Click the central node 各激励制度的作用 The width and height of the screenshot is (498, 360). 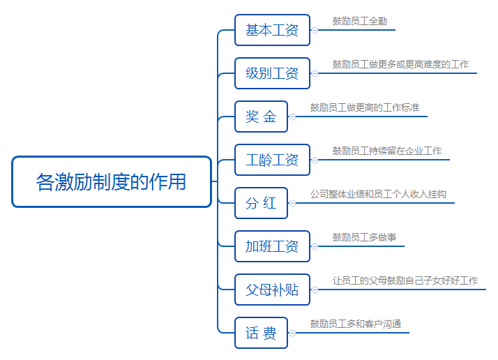[x=112, y=182]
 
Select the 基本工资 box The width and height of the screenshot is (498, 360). [x=272, y=30]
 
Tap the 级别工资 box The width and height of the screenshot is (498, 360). [x=272, y=73]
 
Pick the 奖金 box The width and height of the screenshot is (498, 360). [x=261, y=117]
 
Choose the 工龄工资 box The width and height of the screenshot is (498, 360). [x=272, y=160]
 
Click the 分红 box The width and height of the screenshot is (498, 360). [x=261, y=203]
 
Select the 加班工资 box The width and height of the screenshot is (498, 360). [x=272, y=246]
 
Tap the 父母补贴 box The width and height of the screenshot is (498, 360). [x=272, y=290]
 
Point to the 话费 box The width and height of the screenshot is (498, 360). [x=261, y=333]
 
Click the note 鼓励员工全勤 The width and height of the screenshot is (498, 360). [x=360, y=22]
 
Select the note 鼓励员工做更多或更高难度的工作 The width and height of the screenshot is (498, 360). [x=400, y=64]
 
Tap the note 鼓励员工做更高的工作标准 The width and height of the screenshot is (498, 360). [x=365, y=107]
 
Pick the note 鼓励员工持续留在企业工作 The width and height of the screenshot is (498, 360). [x=387, y=151]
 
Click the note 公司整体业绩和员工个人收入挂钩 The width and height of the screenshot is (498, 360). [x=378, y=194]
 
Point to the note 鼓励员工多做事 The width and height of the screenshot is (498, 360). [x=364, y=237]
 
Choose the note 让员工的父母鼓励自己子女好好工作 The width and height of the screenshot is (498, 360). [x=405, y=280]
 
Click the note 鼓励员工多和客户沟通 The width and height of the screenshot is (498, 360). [x=356, y=324]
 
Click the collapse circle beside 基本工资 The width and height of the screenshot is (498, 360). [x=315, y=30]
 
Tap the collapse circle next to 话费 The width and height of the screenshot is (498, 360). [x=292, y=333]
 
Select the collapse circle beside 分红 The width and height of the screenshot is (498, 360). [x=292, y=203]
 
